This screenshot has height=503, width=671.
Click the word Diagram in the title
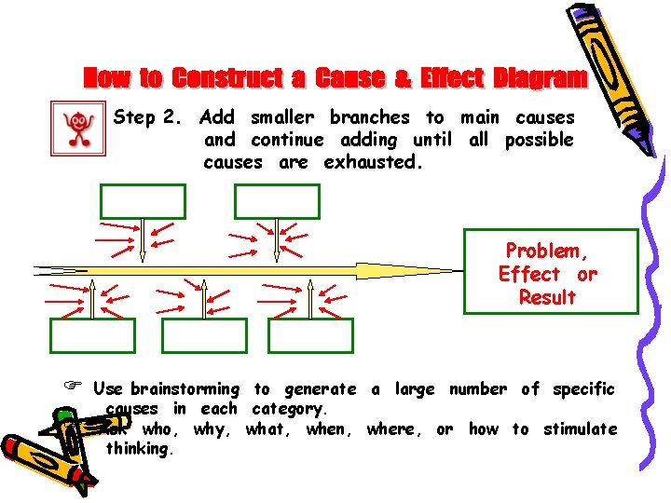[541, 77]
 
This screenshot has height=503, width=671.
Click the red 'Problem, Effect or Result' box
[550, 271]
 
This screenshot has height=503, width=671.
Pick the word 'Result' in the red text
[549, 297]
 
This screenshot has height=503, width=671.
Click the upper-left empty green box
[143, 201]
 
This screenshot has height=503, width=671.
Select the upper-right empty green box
[277, 201]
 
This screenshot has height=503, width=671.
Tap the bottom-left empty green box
[92, 335]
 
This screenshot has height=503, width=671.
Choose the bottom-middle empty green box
[204, 335]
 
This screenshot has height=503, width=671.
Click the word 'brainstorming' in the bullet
[185, 389]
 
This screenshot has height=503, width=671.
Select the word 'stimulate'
[580, 429]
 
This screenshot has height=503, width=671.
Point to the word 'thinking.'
[140, 448]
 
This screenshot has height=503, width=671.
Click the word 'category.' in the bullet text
[290, 409]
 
